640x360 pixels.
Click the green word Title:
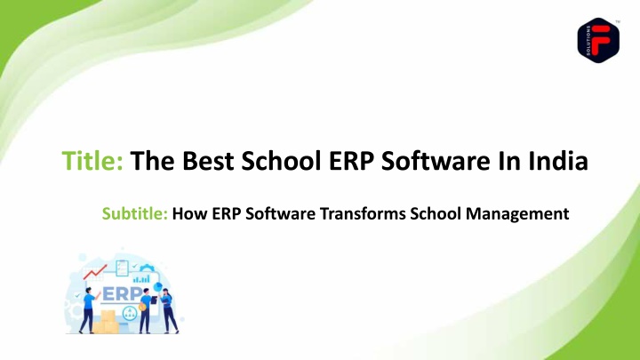click(x=92, y=160)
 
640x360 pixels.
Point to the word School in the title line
click(x=281, y=160)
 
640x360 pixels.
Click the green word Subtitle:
click(x=135, y=213)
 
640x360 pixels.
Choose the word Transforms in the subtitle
click(x=363, y=213)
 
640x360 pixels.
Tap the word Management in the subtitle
click(x=517, y=214)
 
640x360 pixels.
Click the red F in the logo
click(x=600, y=40)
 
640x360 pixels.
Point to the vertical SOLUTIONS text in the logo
click(x=588, y=40)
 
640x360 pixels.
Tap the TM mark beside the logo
click(x=618, y=21)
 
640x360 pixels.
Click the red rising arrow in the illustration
click(x=95, y=272)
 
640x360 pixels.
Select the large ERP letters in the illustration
click(x=122, y=294)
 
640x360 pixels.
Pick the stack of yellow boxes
click(x=106, y=323)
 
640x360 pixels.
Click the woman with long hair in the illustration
click(x=168, y=310)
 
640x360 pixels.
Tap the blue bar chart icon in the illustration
click(x=141, y=279)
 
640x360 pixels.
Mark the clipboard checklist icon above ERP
click(x=122, y=268)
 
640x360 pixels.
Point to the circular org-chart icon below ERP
click(x=130, y=313)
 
